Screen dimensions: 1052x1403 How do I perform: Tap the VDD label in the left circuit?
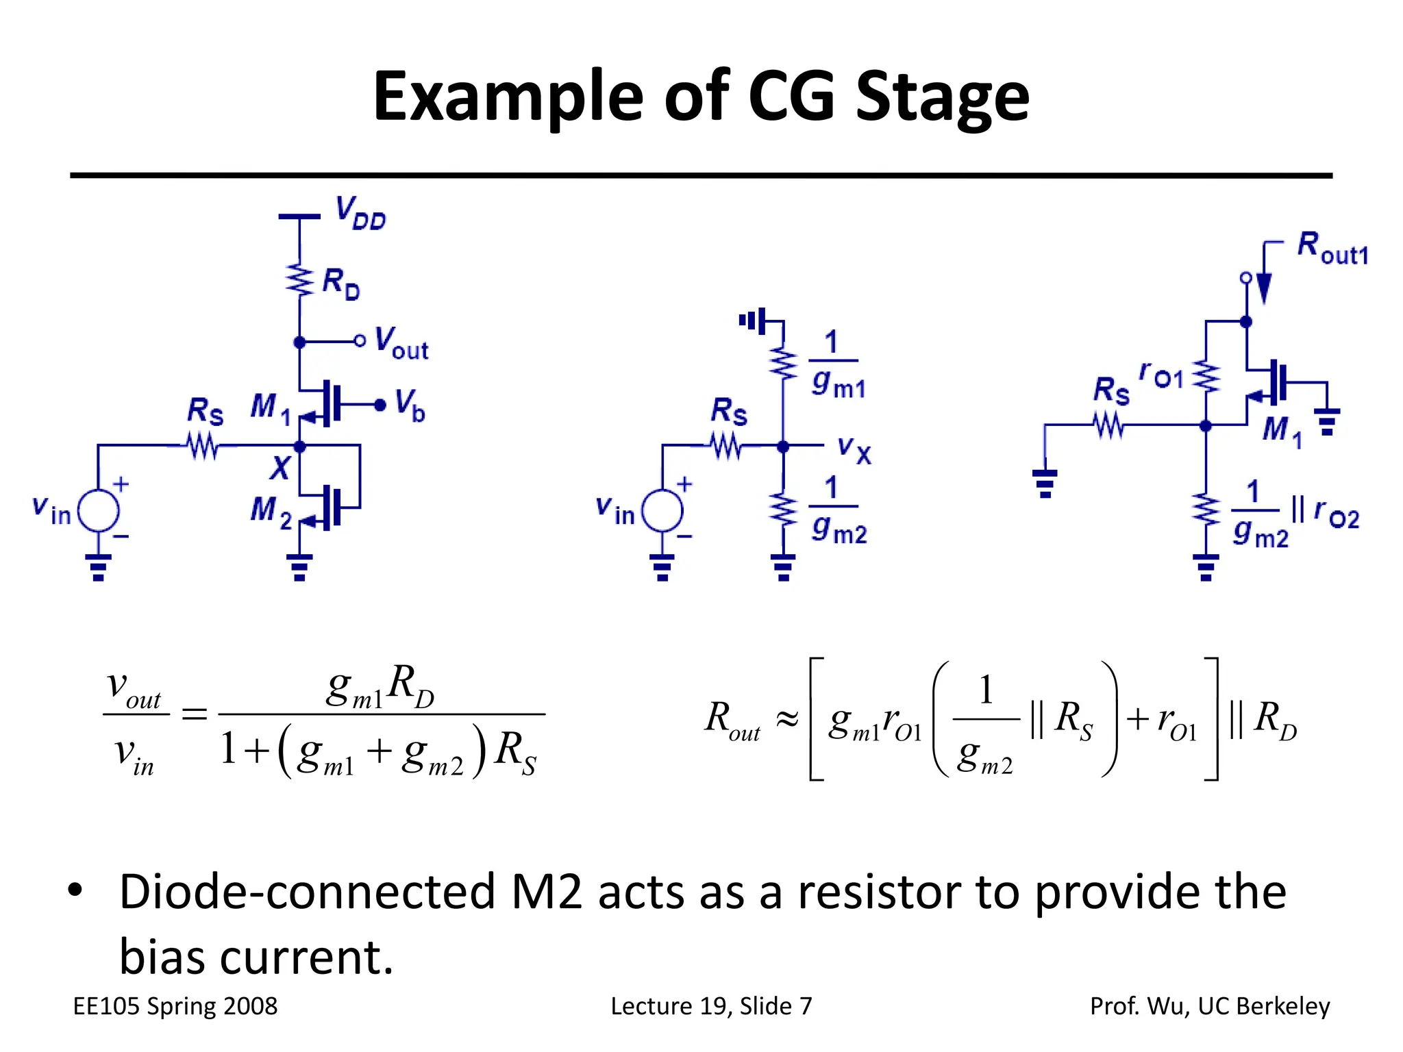pos(360,213)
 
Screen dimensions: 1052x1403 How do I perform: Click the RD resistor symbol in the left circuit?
pos(299,279)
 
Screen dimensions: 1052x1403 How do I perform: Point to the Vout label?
pos(401,344)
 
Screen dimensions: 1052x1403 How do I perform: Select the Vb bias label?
pos(410,405)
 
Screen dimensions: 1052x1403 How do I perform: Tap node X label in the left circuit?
pos(280,469)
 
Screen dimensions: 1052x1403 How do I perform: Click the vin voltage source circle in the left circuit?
pos(99,511)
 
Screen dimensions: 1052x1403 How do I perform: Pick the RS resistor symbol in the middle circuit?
pos(725,447)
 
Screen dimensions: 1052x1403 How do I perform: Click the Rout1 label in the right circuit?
pos(1332,249)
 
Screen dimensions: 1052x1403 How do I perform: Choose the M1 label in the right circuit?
pos(1282,431)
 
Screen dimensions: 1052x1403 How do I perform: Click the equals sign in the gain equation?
pos(194,714)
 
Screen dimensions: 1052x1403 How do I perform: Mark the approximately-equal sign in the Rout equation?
pos(787,718)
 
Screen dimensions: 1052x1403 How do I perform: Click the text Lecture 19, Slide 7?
pos(711,1006)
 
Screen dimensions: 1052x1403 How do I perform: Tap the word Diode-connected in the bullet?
pos(307,892)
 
